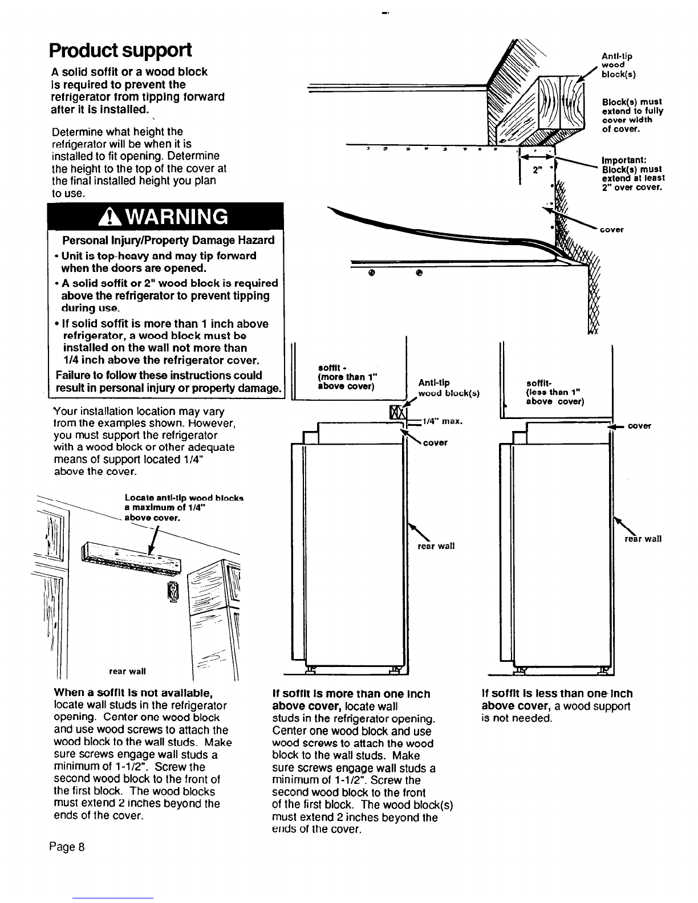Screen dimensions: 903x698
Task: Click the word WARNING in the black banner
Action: click(x=174, y=217)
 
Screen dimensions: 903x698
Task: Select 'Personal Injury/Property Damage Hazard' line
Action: click(x=168, y=240)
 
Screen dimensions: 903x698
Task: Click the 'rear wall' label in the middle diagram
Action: click(x=436, y=546)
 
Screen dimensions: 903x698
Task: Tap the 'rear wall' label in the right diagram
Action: click(x=643, y=539)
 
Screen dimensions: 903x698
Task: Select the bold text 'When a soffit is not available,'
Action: click(x=132, y=693)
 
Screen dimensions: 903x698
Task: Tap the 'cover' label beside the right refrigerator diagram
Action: click(x=639, y=426)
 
